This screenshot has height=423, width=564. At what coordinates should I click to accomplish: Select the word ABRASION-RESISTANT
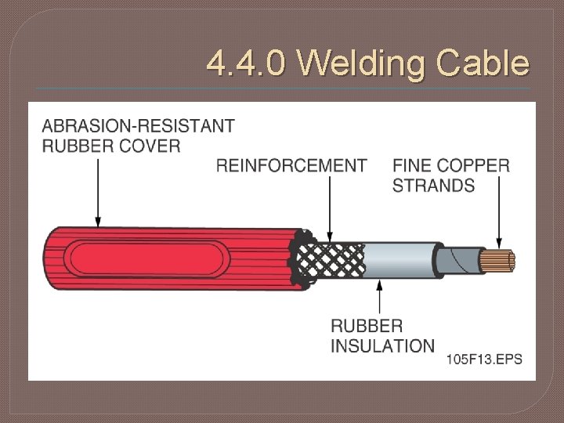138,125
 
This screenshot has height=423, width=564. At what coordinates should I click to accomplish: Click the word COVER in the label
152,145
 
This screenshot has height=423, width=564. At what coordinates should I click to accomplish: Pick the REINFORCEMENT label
291,165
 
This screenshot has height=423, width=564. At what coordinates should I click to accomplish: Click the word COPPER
473,165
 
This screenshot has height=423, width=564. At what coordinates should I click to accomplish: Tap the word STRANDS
433,186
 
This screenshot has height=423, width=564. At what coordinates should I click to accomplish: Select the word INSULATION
382,345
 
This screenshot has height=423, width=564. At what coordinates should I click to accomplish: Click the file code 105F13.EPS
484,360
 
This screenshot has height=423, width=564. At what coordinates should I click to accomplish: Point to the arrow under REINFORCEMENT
330,208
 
